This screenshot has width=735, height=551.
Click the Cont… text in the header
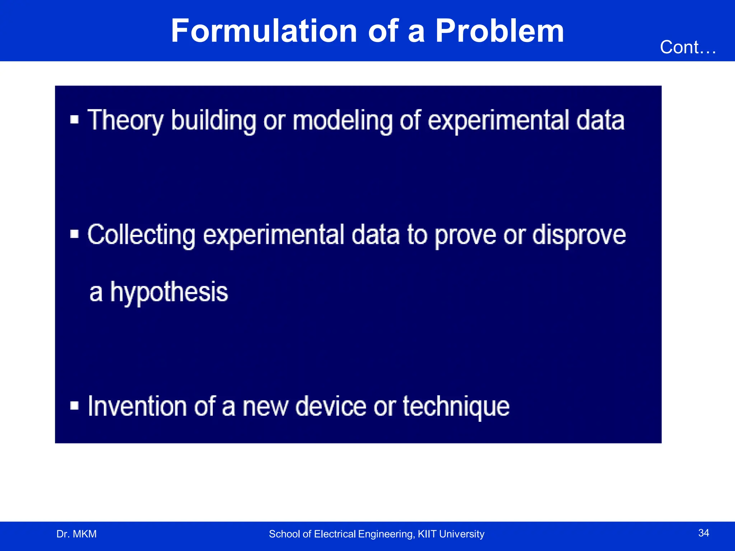coord(688,47)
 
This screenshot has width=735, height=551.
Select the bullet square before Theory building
coord(74,119)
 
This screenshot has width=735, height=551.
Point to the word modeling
coord(342,121)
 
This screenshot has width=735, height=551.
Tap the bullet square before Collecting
coord(74,234)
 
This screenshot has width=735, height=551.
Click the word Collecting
coord(141,235)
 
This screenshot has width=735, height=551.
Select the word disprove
coord(579,235)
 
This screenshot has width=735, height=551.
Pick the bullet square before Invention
coord(74,406)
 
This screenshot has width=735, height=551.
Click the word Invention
coord(137,406)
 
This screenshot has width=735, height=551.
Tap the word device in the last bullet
coord(331,406)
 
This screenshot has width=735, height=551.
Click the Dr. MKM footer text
coord(76,534)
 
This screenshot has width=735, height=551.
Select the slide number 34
coord(703,533)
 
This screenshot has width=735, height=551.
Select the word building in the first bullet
coord(214,121)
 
